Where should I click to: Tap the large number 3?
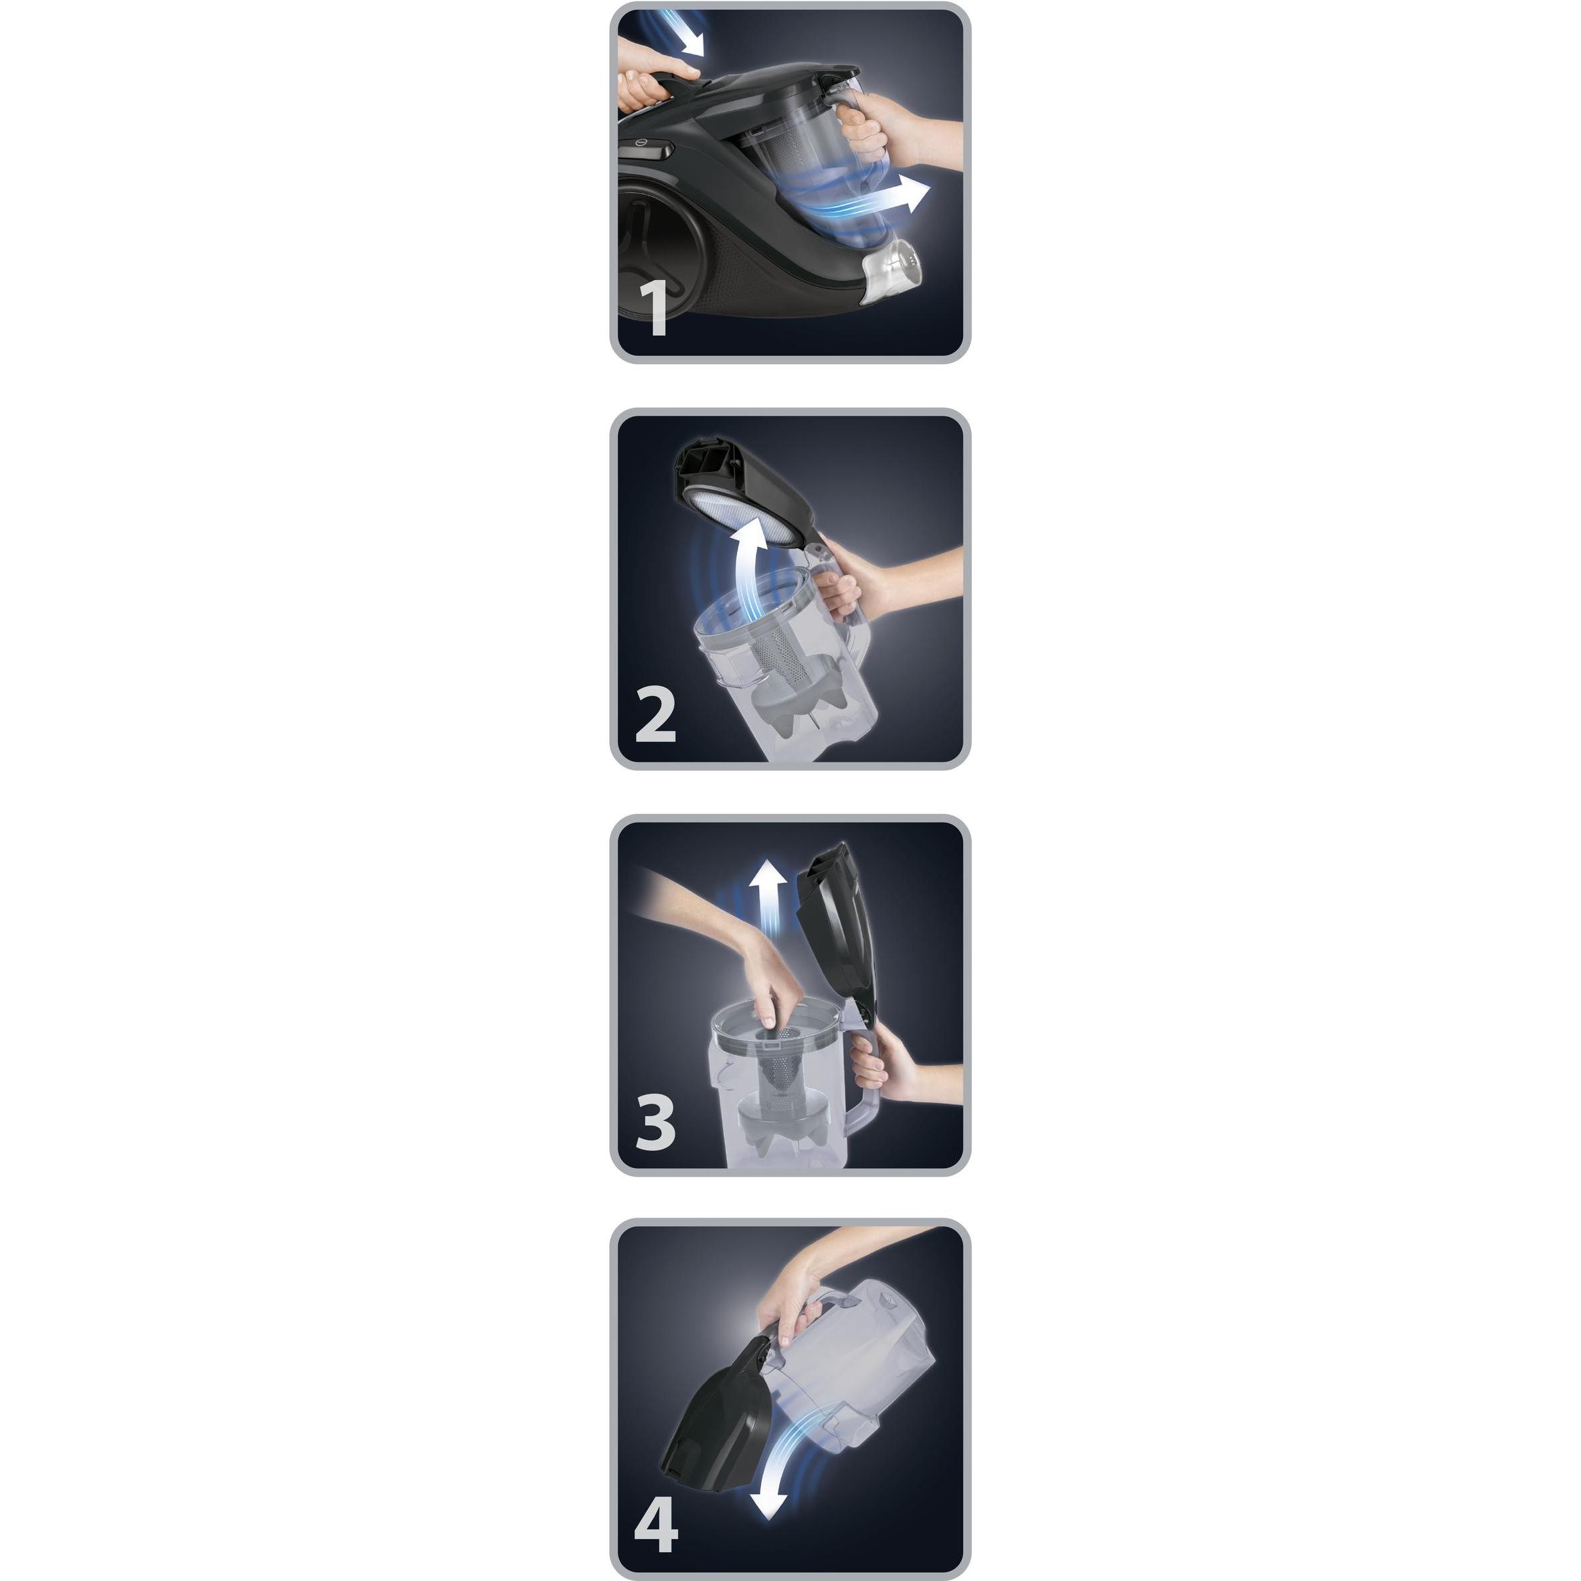pos(655,1122)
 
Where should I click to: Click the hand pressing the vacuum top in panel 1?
pos(655,82)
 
